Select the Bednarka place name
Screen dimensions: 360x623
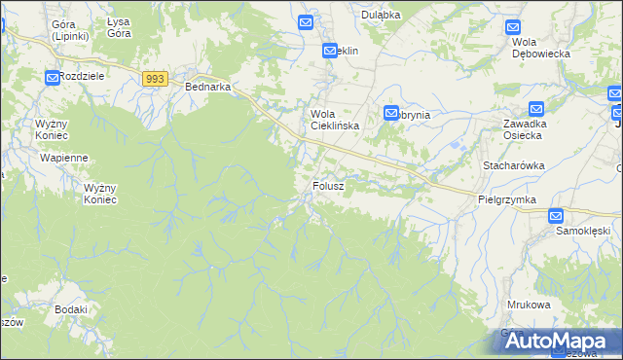click(207, 87)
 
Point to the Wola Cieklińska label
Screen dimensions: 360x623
click(335, 120)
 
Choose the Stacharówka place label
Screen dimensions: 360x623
click(513, 166)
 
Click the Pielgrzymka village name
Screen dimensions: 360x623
click(507, 198)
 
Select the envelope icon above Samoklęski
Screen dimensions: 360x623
click(556, 216)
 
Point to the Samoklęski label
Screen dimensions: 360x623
click(582, 232)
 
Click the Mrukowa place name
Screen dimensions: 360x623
click(529, 305)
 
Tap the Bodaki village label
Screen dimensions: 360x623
click(72, 309)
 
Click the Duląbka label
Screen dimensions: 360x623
click(382, 15)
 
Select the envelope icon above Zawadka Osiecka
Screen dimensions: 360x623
click(536, 109)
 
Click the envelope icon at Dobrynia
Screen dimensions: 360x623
click(391, 114)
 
